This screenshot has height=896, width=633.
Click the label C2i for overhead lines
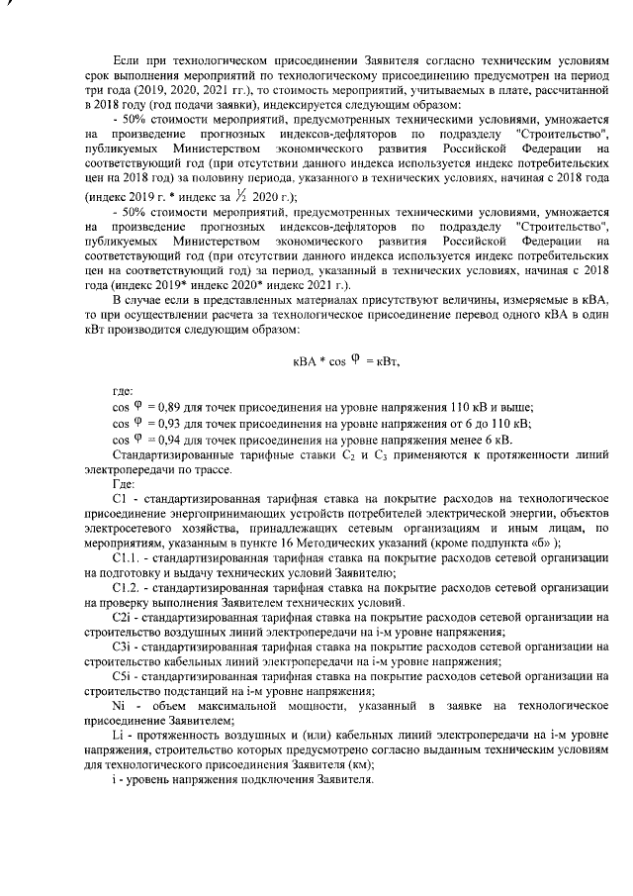pos(125,618)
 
